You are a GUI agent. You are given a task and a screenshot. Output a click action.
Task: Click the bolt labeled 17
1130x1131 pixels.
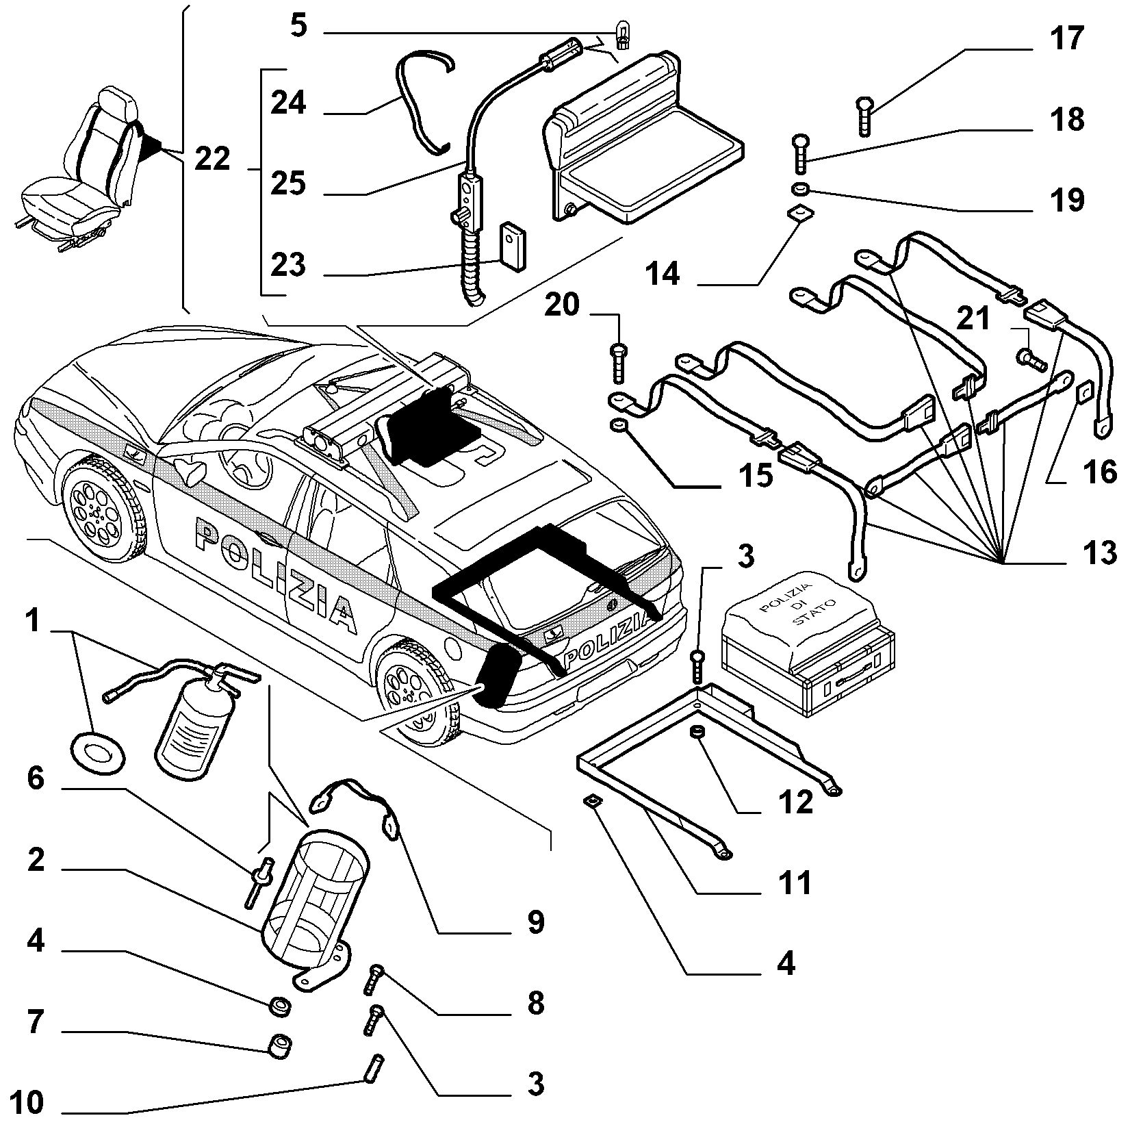[x=864, y=117]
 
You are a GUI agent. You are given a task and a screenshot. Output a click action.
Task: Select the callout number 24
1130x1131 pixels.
[x=288, y=103]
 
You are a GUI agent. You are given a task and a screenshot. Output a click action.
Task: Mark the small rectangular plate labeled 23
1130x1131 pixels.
[x=512, y=245]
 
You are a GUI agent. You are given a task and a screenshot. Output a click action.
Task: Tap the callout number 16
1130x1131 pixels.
[x=1101, y=472]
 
